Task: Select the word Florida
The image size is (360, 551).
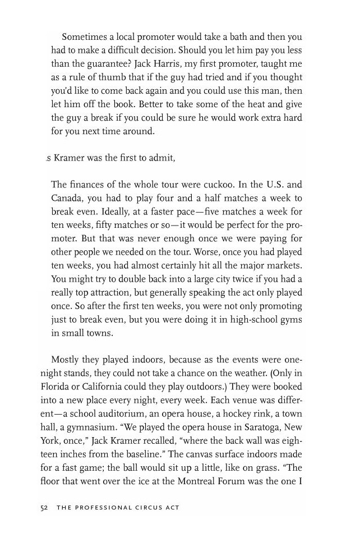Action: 57,387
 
